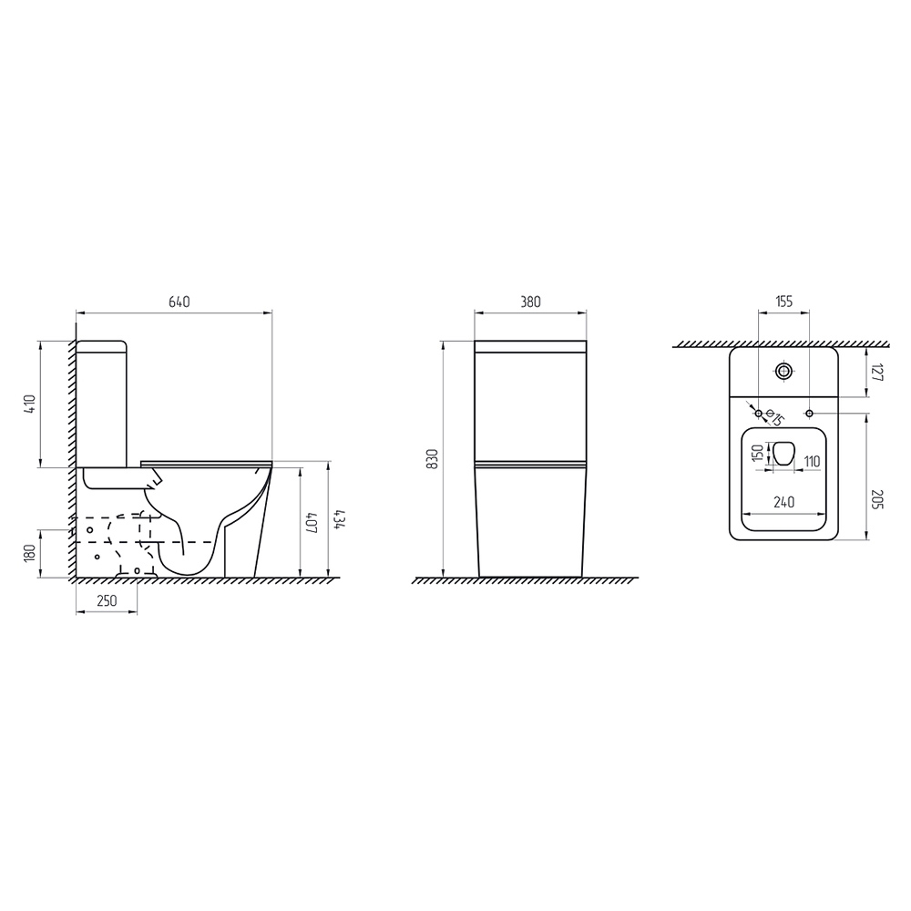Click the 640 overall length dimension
179,302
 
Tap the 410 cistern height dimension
30,404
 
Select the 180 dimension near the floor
30,553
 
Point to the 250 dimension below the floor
107,600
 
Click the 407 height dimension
312,522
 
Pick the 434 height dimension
340,520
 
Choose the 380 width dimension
530,302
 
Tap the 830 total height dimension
432,459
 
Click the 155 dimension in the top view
783,302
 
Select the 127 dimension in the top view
877,373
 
